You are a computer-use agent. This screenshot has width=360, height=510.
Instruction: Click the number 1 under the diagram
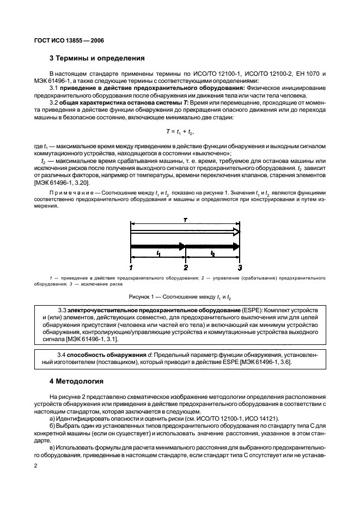(x=131, y=268)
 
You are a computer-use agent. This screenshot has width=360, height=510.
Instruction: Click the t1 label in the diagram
(x=158, y=254)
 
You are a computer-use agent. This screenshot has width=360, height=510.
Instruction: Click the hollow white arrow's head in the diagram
(x=235, y=231)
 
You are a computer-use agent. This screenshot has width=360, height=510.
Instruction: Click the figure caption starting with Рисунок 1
(x=180, y=297)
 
